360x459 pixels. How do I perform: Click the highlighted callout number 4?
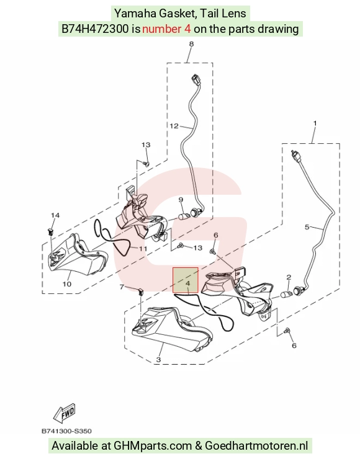tap(188, 283)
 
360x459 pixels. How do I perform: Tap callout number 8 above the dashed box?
tap(191, 44)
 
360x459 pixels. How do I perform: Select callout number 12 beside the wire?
tap(174, 126)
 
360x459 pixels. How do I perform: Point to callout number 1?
tap(315, 123)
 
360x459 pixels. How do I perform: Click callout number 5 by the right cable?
tap(307, 227)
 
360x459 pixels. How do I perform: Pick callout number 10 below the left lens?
tap(67, 283)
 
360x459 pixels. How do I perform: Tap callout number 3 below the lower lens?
tap(158, 360)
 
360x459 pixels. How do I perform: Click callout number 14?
tap(55, 215)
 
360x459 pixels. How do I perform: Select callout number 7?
tap(122, 287)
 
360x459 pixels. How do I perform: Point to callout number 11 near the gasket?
tap(143, 249)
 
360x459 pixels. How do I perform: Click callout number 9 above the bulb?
tap(181, 200)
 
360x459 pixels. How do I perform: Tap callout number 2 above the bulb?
tap(289, 277)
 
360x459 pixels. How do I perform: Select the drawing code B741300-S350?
tap(66, 431)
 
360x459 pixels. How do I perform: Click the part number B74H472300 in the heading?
tap(94, 29)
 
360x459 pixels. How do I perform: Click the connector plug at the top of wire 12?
tap(196, 79)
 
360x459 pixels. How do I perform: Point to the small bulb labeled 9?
tap(183, 217)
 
